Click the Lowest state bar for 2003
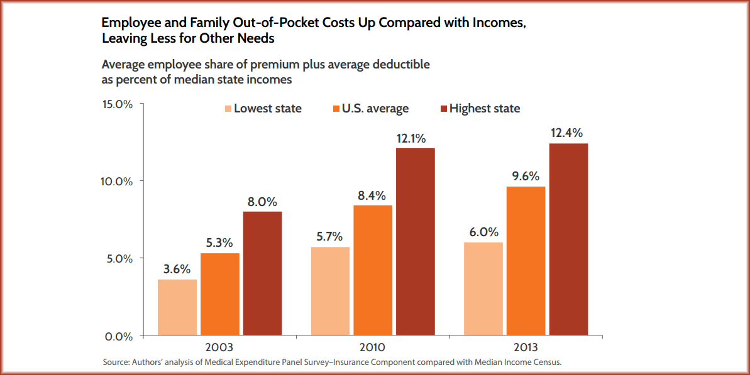177,307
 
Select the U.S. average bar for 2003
219,294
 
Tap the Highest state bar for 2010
415,241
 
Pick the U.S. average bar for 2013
526,261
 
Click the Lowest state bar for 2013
483,288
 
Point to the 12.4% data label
568,133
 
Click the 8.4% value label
373,195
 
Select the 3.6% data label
177,269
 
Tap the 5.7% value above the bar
330,237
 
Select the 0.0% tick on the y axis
119,336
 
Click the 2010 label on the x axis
373,347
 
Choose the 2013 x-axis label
526,347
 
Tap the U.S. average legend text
375,109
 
